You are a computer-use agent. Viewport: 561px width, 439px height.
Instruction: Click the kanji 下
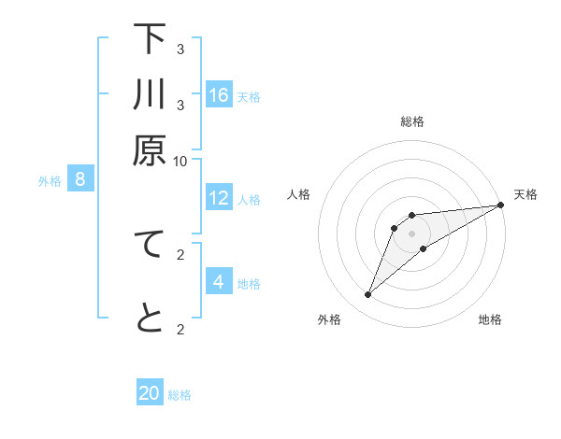click(x=150, y=40)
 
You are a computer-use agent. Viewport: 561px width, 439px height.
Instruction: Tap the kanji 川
click(x=150, y=95)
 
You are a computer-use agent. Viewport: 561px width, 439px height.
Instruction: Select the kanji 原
click(x=150, y=149)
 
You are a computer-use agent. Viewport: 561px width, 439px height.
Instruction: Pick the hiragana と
click(x=150, y=319)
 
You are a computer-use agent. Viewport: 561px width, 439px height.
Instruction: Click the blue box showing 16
click(x=219, y=94)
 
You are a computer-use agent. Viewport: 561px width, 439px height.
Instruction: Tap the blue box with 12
click(x=219, y=198)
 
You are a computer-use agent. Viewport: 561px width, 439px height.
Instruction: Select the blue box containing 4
click(x=219, y=281)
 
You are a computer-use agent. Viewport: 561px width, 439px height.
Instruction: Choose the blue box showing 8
click(x=80, y=179)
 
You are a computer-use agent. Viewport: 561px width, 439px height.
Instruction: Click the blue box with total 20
click(x=150, y=393)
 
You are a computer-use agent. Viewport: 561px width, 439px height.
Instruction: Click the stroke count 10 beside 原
click(x=180, y=161)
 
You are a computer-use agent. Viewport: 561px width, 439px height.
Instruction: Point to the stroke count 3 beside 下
click(x=180, y=49)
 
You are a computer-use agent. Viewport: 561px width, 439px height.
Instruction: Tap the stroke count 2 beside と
click(x=180, y=328)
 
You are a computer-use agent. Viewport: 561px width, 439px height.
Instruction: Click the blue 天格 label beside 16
click(x=249, y=96)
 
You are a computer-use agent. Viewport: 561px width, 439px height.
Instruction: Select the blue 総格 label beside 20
click(x=180, y=395)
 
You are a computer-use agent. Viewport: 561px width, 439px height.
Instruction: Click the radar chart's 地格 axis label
click(x=490, y=320)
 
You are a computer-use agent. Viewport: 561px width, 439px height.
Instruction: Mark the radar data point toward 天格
click(x=499, y=205)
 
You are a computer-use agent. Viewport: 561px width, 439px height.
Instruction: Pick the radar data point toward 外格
click(x=368, y=295)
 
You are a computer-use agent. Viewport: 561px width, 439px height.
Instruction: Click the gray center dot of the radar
click(x=412, y=234)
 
